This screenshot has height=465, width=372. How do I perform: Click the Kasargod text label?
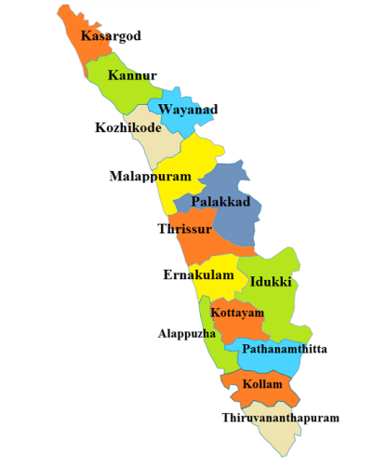point(111,36)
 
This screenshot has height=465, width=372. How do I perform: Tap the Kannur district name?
point(132,74)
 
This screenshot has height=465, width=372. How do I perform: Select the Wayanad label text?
point(188,110)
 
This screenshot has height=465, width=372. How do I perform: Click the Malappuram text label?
point(150,176)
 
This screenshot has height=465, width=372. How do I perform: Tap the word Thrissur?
point(185,229)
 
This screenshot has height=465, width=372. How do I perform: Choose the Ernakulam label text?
point(199,275)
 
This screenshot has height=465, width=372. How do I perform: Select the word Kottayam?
point(238,313)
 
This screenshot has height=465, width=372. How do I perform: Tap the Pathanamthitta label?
point(285,350)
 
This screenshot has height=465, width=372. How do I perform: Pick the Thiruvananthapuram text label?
point(280,418)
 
